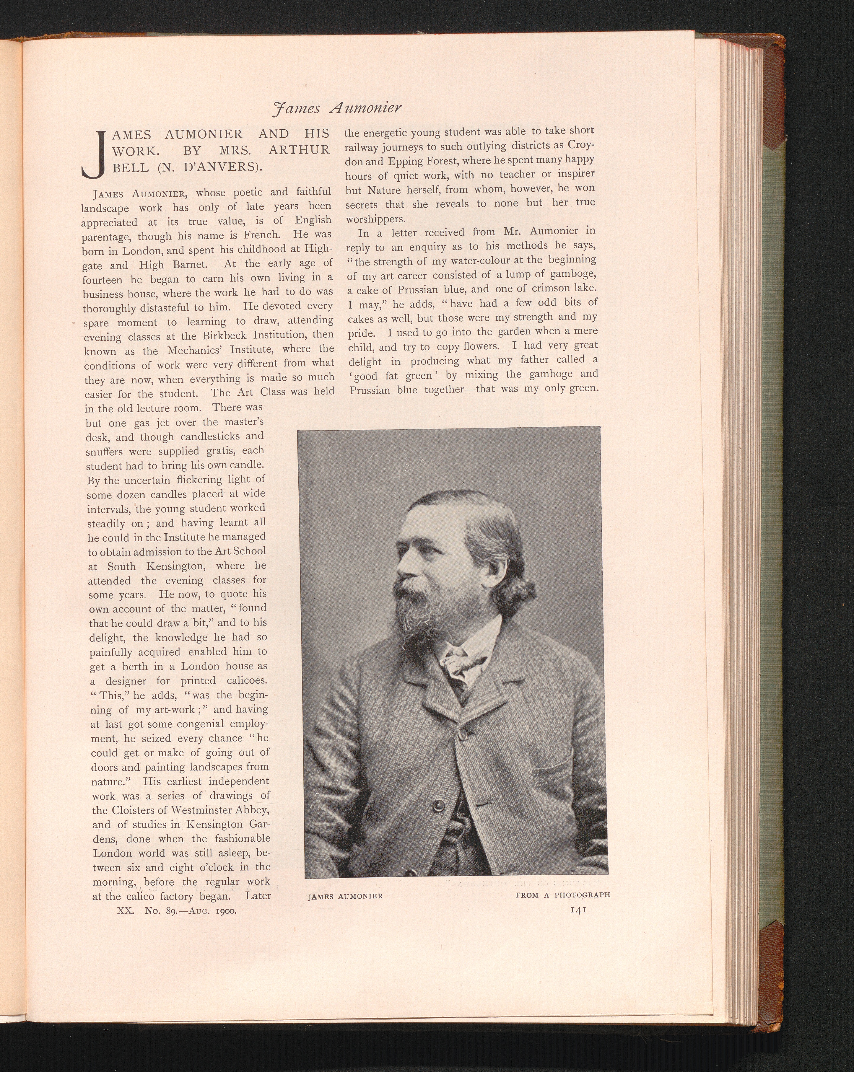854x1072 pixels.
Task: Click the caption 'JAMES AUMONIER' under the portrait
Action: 345,896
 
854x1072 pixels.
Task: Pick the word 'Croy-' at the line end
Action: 580,146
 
